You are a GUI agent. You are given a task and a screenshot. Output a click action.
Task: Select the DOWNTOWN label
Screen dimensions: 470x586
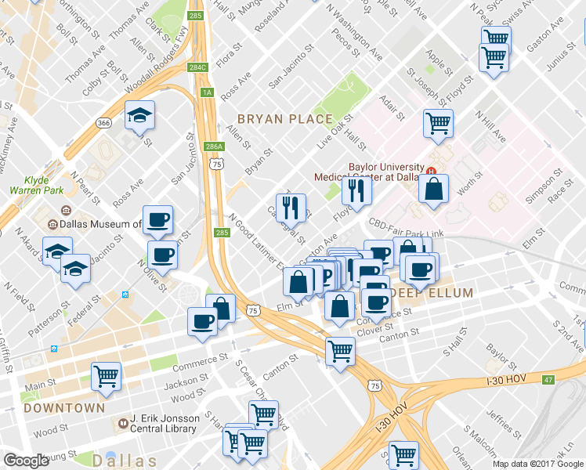64,408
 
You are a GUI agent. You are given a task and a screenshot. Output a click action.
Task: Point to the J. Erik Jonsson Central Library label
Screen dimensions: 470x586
168,424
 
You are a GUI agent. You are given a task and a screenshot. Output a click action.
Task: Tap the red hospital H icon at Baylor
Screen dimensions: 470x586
431,169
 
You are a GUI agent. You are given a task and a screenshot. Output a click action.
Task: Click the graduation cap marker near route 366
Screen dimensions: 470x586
139,116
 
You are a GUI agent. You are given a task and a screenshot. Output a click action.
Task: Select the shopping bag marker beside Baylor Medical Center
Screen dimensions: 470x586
433,189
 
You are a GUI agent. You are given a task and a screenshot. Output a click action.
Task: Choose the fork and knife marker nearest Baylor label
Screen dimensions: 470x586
356,190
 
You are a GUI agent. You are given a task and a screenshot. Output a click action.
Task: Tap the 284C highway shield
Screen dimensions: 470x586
197,67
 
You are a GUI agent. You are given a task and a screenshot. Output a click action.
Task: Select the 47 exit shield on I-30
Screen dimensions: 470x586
548,380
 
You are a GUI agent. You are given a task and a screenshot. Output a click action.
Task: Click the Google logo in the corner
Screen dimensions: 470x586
26,461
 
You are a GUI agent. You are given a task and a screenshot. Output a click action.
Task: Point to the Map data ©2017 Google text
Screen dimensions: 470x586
538,464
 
